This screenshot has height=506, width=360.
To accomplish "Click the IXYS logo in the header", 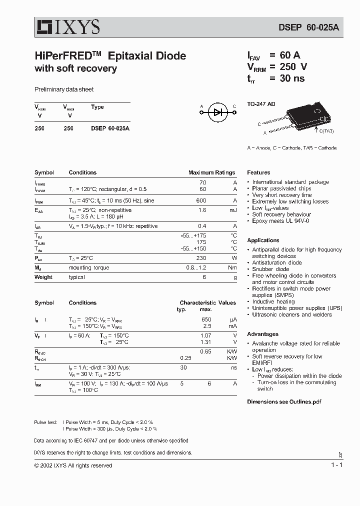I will click(x=67, y=26).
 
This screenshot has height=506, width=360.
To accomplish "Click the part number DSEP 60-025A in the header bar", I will click(x=308, y=28).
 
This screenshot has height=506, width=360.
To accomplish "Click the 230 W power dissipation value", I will click(x=201, y=258).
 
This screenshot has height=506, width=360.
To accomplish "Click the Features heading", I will click(x=258, y=172).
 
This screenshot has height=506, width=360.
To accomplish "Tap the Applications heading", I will click(x=263, y=240).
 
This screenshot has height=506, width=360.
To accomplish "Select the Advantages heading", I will click(x=262, y=334).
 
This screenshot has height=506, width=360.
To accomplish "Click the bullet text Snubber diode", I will click(x=270, y=269).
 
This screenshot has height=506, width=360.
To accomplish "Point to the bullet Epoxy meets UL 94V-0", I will click(x=280, y=220).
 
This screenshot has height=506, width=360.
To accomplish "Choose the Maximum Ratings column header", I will click(x=211, y=172).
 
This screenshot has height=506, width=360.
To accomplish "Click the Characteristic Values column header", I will click(x=207, y=302).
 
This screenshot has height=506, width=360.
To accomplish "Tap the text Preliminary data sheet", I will click(x=64, y=89).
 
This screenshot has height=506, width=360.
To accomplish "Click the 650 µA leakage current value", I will click(x=206, y=319).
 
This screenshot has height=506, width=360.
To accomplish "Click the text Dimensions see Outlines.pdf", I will click(x=283, y=401).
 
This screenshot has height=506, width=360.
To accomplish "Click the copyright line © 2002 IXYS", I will click(x=73, y=465).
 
